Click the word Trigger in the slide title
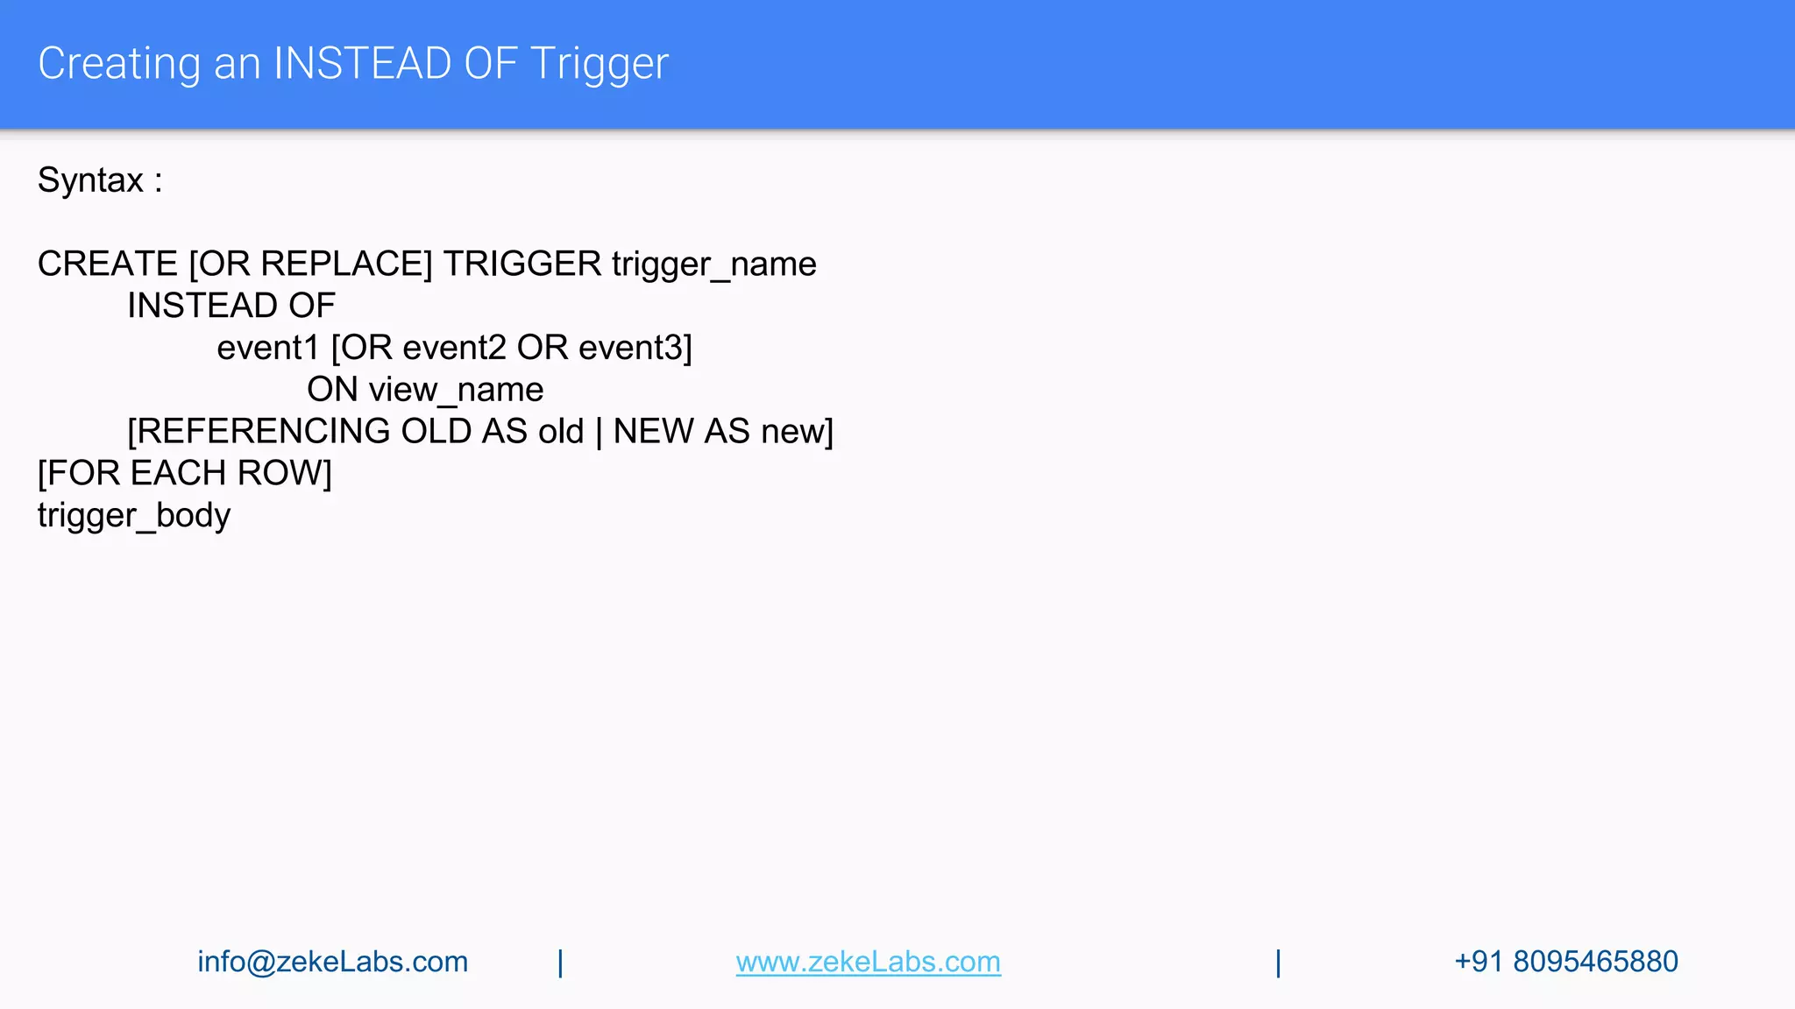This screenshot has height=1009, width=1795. click(600, 64)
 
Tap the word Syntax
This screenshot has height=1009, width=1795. click(90, 180)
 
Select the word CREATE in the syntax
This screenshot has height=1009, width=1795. click(108, 264)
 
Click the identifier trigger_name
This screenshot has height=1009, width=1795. click(713, 264)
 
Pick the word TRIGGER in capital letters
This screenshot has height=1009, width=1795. click(522, 264)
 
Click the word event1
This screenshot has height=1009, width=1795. click(268, 348)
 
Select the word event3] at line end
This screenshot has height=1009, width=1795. click(635, 348)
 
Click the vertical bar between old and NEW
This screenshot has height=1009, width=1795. click(599, 432)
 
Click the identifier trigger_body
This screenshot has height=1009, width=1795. click(134, 515)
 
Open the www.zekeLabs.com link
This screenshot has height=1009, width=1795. click(868, 962)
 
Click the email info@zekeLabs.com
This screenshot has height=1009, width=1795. click(333, 962)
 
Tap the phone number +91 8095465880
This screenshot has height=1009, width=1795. click(1565, 962)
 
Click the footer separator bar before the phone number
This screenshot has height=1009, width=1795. click(1279, 963)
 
